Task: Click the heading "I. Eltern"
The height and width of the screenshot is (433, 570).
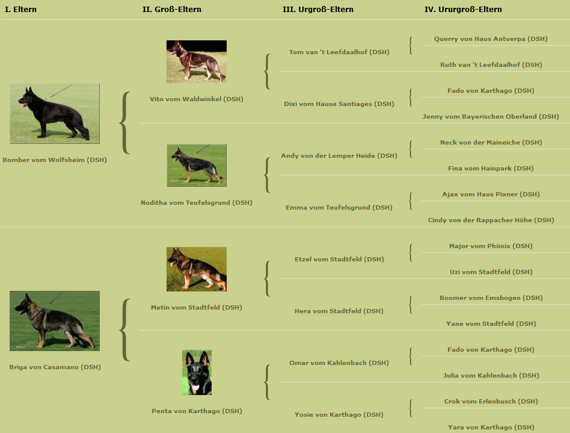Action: pos(20,10)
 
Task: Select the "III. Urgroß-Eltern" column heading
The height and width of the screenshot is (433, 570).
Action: pos(318,10)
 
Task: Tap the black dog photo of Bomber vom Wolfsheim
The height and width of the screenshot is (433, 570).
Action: pos(55,114)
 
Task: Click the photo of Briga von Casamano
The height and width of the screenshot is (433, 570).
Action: pos(55,321)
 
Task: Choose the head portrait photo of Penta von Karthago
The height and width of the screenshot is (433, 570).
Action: pos(197,373)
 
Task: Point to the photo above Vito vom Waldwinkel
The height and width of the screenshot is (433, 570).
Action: pos(197,61)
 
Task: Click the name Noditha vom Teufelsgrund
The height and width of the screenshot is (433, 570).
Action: pos(196,202)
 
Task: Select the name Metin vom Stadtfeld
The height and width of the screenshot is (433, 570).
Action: pos(196,307)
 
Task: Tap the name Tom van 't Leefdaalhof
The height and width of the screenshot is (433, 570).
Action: pos(339,52)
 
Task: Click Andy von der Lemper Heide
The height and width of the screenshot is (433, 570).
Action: pos(339,155)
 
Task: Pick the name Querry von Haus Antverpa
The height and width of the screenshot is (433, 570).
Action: pos(491,39)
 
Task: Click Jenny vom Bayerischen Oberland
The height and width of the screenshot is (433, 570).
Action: pos(491,117)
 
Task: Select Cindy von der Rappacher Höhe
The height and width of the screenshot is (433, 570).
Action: pos(491,220)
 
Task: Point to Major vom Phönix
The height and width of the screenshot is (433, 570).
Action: pos(491,246)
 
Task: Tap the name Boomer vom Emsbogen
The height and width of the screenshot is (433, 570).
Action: pos(491,297)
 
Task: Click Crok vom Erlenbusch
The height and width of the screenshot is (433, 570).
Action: pos(491,401)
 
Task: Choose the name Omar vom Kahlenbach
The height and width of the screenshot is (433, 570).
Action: pos(339,363)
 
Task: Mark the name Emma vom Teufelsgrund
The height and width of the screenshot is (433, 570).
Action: pos(339,208)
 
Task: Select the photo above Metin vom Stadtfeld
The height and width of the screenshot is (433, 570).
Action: pos(197,269)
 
